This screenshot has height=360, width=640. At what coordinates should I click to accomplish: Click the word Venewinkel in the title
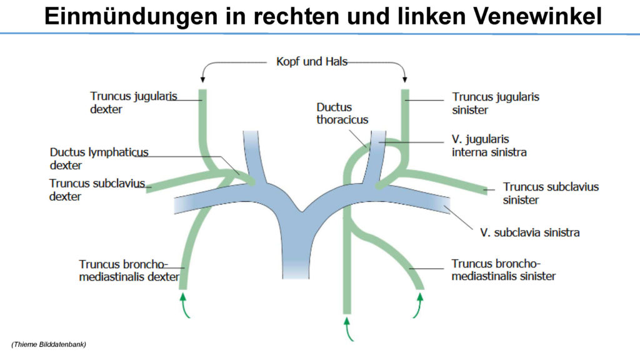pyautogui.click(x=537, y=16)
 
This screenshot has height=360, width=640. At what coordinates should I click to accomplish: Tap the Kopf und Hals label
pyautogui.click(x=312, y=62)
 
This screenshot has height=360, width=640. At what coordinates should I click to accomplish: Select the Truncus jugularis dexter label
pyautogui.click(x=134, y=102)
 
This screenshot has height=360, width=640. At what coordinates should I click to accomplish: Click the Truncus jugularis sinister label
pyautogui.click(x=496, y=103)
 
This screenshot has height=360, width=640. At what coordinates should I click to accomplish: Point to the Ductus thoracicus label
pyautogui.click(x=342, y=113)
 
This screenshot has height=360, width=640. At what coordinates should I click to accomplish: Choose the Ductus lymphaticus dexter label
pyautogui.click(x=99, y=158)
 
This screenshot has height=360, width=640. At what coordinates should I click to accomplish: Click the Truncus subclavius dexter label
pyautogui.click(x=97, y=190)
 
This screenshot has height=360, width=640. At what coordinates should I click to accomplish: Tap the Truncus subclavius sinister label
pyautogui.click(x=551, y=193)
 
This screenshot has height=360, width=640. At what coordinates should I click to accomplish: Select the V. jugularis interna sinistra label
pyautogui.click(x=489, y=146)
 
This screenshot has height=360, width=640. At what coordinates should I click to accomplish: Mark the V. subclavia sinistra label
pyautogui.click(x=530, y=232)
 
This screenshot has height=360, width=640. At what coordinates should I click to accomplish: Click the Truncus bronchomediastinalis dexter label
pyautogui.click(x=129, y=270)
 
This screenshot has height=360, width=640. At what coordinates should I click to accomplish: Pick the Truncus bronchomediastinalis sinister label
pyautogui.click(x=503, y=270)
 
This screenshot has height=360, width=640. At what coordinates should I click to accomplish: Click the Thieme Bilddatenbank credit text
pyautogui.click(x=49, y=344)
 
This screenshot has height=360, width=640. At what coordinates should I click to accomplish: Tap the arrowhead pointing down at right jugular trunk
pyautogui.click(x=203, y=80)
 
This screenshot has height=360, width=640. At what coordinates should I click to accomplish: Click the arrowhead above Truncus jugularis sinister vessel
pyautogui.click(x=404, y=80)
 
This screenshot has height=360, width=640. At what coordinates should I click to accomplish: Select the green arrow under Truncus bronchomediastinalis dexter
pyautogui.click(x=184, y=305)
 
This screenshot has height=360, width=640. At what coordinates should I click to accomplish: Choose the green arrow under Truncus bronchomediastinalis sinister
pyautogui.click(x=418, y=305)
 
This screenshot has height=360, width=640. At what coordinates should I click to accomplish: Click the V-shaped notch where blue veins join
pyautogui.click(x=302, y=211)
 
